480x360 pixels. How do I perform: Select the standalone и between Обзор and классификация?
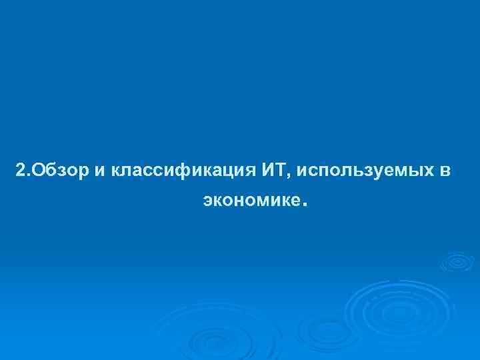coord(99,172)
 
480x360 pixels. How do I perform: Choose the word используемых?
coord(364,172)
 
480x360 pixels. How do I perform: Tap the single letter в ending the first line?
coord(446,172)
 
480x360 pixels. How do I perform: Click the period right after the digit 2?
coord(27,176)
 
